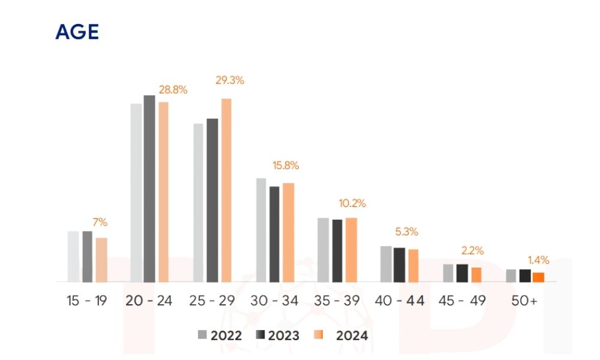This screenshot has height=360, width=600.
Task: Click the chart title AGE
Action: click(x=77, y=32)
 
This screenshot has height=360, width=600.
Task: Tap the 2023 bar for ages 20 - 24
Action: click(x=149, y=188)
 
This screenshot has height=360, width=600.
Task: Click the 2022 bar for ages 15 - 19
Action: click(x=73, y=256)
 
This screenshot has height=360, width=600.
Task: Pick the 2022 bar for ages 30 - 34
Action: click(x=262, y=230)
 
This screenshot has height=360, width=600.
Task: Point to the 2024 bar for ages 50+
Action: click(x=538, y=277)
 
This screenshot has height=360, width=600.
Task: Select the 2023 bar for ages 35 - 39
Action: click(x=337, y=250)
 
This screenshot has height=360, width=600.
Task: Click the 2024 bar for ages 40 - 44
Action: click(x=413, y=265)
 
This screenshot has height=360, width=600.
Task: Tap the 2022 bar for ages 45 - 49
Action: click(x=448, y=272)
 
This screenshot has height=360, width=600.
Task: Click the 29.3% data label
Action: click(x=230, y=80)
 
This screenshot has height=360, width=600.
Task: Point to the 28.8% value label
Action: click(x=173, y=90)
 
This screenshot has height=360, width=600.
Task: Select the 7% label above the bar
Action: click(x=100, y=223)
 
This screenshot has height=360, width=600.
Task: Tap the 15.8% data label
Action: click(x=285, y=166)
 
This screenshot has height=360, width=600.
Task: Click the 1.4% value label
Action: click(x=538, y=260)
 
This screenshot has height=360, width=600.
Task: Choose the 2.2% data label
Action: click(x=473, y=251)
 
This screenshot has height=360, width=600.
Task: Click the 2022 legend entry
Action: click(x=220, y=335)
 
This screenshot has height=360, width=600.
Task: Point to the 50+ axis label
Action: click(x=525, y=301)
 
